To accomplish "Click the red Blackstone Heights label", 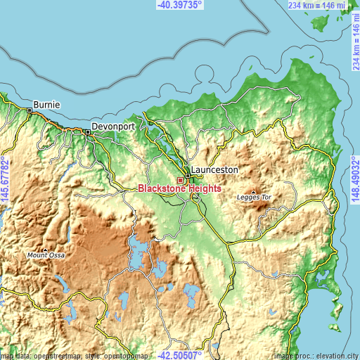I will (x=180, y=189).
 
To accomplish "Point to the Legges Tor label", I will (x=254, y=198).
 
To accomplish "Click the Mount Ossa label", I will (x=46, y=255).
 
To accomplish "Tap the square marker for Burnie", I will (x=30, y=110).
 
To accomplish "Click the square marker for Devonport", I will (x=88, y=131).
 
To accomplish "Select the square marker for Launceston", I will (x=188, y=176).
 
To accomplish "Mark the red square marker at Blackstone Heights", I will (x=180, y=180).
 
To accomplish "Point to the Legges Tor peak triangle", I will (x=253, y=190).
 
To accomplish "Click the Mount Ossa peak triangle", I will (x=45, y=249).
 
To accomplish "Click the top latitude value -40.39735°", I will (x=179, y=5).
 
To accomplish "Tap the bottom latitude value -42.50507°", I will (x=179, y=355).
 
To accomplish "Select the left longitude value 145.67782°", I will (x=5, y=180).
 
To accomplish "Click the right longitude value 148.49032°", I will (x=355, y=180).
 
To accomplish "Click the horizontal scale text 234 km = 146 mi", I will (x=316, y=5).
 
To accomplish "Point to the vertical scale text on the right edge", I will (x=355, y=42).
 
